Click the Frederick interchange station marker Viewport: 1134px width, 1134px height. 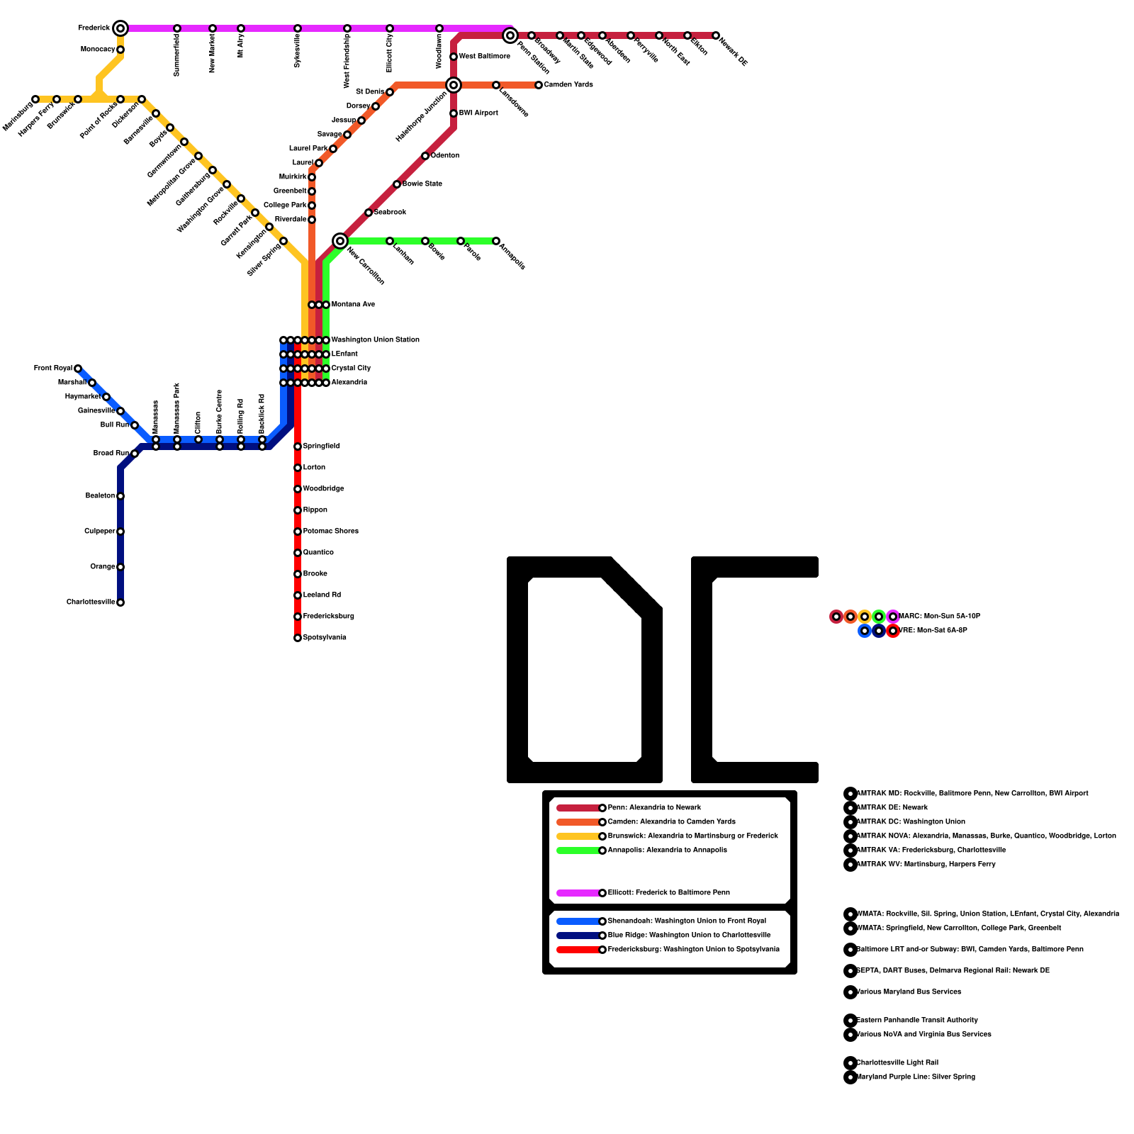point(120,28)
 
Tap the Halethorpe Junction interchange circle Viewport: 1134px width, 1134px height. point(454,85)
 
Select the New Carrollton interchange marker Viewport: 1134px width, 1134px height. point(340,241)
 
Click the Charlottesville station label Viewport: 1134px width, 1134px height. point(91,602)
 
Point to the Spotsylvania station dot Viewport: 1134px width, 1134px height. point(298,638)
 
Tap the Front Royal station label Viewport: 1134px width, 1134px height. point(52,369)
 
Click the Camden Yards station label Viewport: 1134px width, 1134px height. point(568,85)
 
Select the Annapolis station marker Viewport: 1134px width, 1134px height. point(496,241)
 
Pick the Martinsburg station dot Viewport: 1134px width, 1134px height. point(35,99)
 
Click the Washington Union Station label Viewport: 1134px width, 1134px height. point(375,340)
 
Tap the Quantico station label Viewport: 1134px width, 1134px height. point(318,553)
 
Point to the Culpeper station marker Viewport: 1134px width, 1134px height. point(120,532)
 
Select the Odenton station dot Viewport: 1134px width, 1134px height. point(425,156)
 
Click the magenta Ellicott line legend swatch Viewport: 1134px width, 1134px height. point(578,893)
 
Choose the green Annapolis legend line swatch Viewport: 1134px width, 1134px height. point(578,850)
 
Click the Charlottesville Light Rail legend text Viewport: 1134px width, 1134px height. point(897,1063)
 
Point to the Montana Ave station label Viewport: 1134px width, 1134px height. point(353,305)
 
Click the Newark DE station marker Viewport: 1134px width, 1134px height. point(716,35)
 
